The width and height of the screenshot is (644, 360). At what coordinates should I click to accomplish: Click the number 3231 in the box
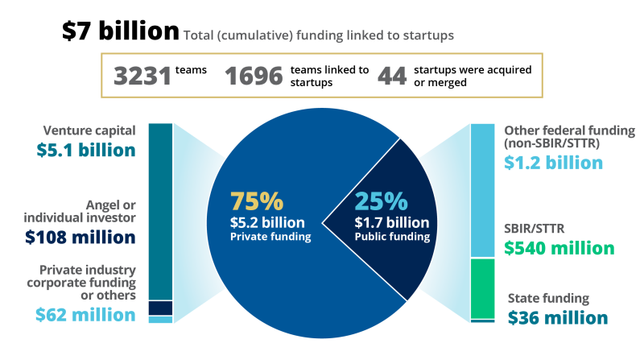pyautogui.click(x=142, y=77)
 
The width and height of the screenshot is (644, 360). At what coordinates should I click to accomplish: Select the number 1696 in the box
pyautogui.click(x=254, y=77)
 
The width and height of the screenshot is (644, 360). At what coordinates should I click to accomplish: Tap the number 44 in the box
pyautogui.click(x=392, y=77)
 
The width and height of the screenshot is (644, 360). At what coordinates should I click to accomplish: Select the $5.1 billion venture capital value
pyautogui.click(x=86, y=150)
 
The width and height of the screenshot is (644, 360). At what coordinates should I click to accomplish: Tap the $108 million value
pyautogui.click(x=80, y=238)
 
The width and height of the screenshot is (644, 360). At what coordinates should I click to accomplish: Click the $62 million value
pyautogui.click(x=86, y=315)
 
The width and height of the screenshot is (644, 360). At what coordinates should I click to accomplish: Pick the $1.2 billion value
pyautogui.click(x=554, y=162)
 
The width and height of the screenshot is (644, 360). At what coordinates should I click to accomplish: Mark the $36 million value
pyautogui.click(x=558, y=317)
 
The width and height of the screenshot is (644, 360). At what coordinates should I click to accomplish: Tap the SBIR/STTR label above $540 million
pyautogui.click(x=530, y=229)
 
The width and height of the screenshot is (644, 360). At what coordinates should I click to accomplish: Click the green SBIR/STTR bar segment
pyautogui.click(x=482, y=288)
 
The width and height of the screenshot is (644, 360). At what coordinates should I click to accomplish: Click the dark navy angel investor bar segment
pyautogui.click(x=161, y=308)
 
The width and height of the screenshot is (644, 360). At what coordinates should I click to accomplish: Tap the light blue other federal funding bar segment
pyautogui.click(x=482, y=190)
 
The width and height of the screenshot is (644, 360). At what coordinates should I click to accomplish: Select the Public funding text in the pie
pyautogui.click(x=392, y=237)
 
